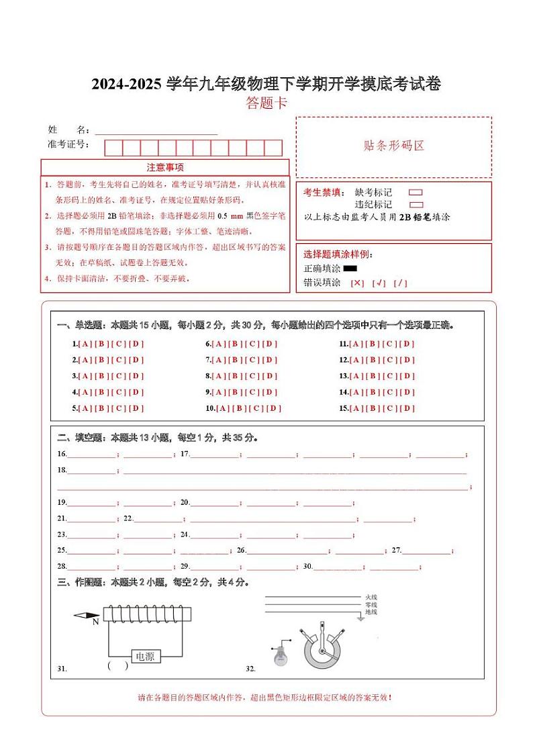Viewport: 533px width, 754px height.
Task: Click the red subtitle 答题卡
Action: [266, 103]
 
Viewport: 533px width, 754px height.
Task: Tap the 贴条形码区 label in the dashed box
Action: [394, 146]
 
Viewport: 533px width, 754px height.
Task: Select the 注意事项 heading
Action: [165, 167]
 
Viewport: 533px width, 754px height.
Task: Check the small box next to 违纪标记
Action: [416, 205]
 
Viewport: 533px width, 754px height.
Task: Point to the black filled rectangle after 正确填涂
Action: [350, 269]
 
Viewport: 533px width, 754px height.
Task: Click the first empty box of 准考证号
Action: [113, 148]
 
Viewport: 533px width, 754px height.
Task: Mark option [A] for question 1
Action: [85, 344]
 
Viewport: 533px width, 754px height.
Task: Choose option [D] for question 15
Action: [406, 408]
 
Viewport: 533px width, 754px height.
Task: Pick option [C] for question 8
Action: [253, 376]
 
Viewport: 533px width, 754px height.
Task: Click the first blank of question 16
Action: [92, 455]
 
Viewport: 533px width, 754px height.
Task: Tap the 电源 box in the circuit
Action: [145, 656]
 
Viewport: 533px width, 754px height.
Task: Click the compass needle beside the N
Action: [86, 615]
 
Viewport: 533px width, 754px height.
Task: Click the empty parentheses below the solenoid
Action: [117, 666]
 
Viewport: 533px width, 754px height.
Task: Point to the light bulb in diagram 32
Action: [280, 655]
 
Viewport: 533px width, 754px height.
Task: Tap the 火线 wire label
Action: [371, 596]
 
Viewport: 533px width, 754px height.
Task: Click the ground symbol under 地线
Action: [361, 617]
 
